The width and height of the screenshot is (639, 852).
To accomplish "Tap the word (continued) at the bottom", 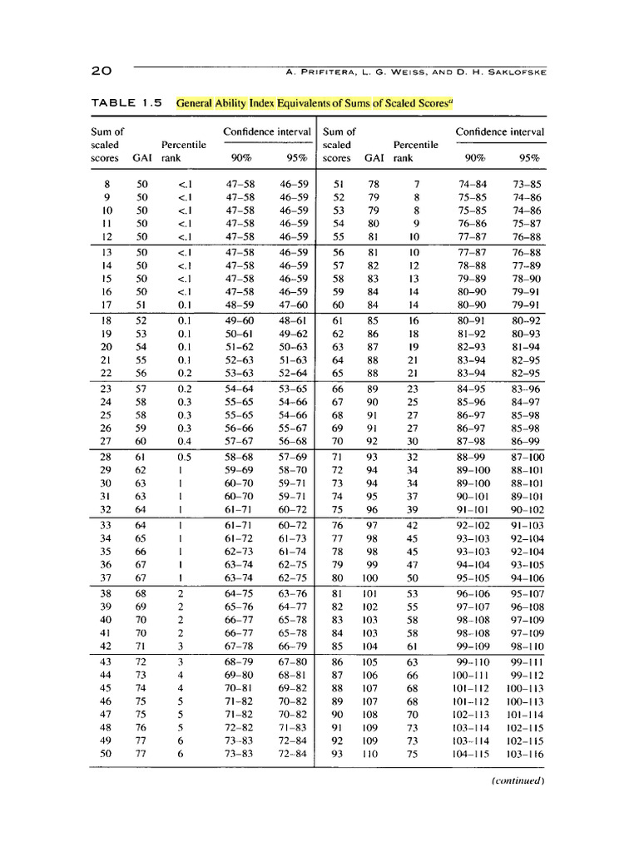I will pos(518,780).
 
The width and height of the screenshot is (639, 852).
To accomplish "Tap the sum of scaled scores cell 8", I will pos(106,184).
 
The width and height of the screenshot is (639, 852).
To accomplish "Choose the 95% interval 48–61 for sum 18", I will pos(294,319).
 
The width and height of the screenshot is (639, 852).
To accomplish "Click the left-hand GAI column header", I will pos(142,158).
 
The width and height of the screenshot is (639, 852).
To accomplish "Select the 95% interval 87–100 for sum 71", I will pos(528,457).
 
